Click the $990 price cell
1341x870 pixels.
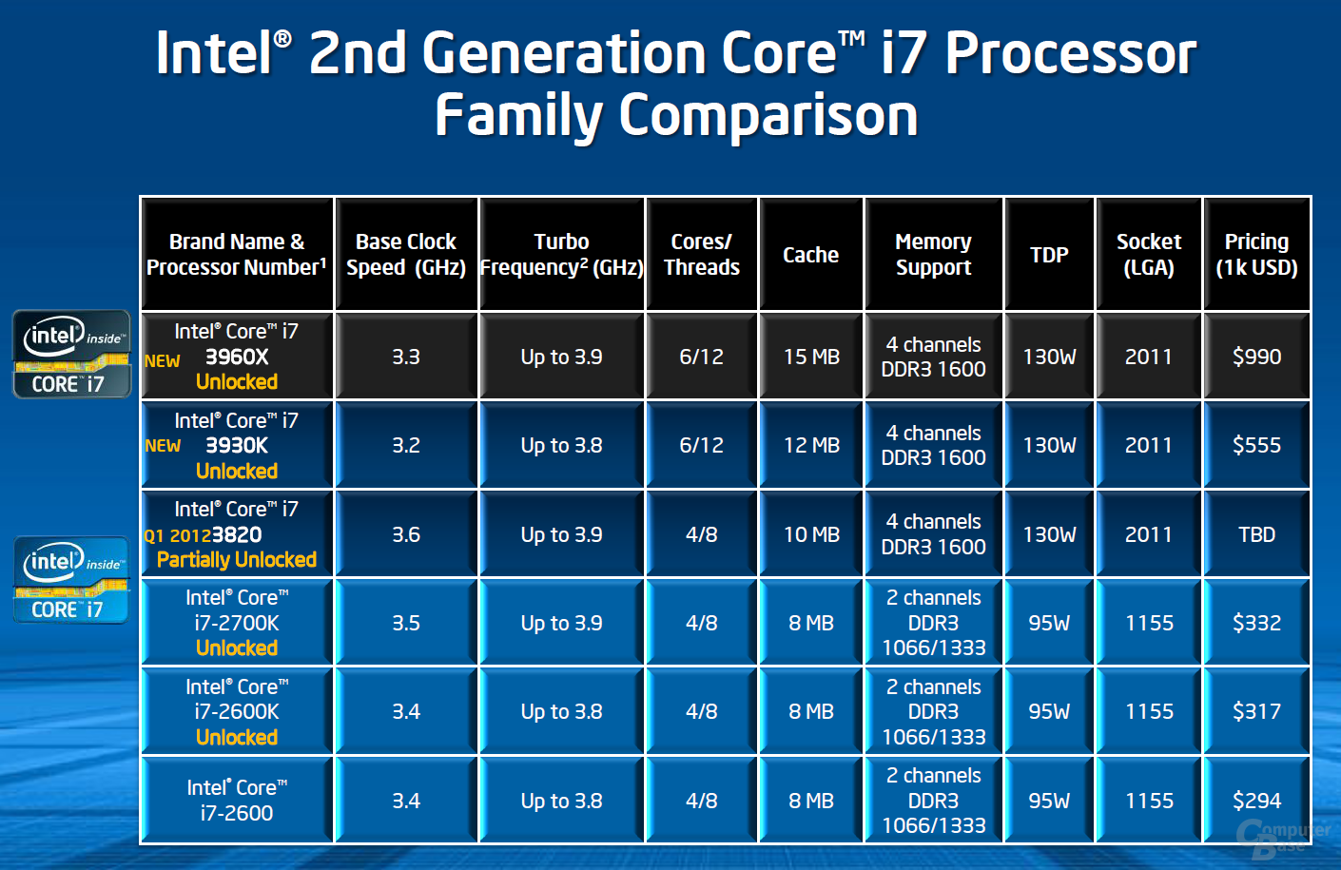1256,357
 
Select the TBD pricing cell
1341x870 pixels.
1256,534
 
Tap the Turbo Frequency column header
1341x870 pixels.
561,255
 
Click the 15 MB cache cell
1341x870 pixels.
811,357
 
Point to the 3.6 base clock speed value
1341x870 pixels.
406,534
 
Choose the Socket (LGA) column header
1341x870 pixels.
1149,255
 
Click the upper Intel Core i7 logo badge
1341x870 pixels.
71,354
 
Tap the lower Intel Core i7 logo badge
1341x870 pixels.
71,580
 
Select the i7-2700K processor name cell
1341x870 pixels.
237,623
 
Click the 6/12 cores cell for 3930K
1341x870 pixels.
701,445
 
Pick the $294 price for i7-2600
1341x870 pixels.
1256,801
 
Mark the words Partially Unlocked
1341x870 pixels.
237,560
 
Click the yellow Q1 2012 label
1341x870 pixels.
177,536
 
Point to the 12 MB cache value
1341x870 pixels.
811,445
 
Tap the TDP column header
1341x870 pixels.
1049,255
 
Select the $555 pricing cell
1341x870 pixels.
1256,445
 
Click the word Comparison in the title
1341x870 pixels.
768,116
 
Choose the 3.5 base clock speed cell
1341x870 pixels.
406,623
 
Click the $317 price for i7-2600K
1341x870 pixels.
1256,711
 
